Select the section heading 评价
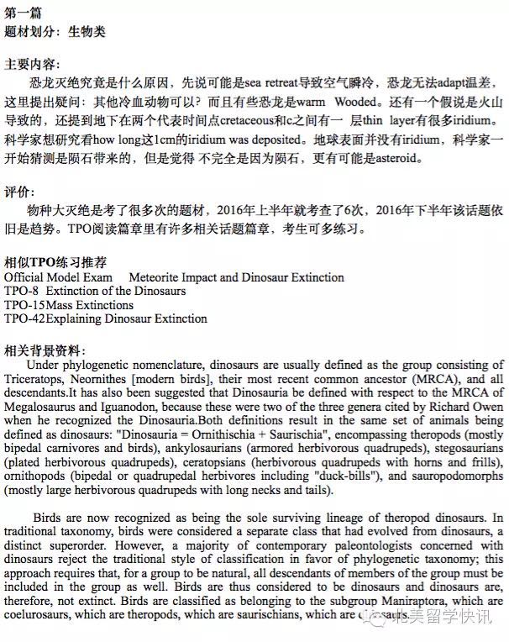[x=20, y=192]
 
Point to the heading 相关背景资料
[x=46, y=350]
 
